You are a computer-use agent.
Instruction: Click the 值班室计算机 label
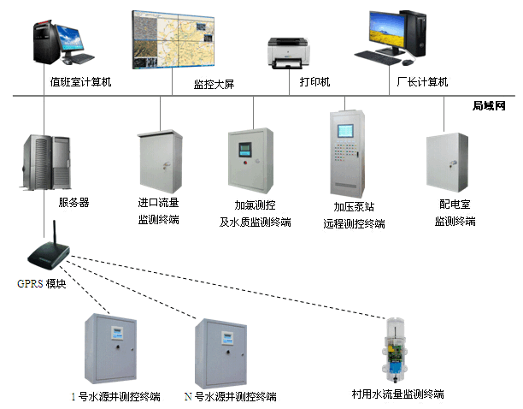[82, 83]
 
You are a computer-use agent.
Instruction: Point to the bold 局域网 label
[490, 106]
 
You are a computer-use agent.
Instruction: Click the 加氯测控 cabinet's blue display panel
[244, 145]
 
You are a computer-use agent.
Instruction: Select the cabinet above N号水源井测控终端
[225, 352]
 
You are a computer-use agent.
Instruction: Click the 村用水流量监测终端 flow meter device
[396, 352]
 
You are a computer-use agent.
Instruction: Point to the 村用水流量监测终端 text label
[397, 394]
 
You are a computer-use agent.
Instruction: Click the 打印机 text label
[314, 82]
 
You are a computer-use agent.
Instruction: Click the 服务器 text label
[73, 203]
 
